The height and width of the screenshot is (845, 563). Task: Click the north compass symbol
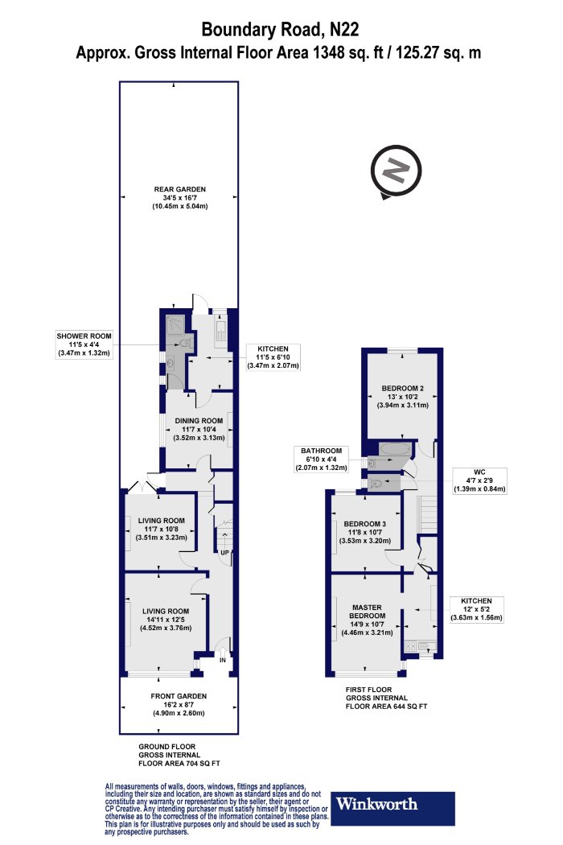tap(396, 171)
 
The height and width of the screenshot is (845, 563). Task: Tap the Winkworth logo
tap(392, 808)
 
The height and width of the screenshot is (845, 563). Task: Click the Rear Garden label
tap(180, 198)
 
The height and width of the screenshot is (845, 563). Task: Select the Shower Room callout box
tap(84, 345)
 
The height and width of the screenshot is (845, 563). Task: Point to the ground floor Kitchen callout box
tap(273, 357)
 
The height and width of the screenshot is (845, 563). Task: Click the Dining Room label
tap(199, 430)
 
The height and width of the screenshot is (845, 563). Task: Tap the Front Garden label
tap(179, 705)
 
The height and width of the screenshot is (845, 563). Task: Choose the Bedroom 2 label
tap(402, 397)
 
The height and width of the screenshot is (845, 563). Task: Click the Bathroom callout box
tap(322, 460)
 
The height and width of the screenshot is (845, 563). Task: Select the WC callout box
tap(479, 480)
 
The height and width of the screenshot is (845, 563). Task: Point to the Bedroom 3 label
tap(364, 533)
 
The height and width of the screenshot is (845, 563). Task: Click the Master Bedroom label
tap(367, 620)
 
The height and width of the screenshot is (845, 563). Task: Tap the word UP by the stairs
tap(224, 553)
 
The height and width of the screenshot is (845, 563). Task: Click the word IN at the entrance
tap(223, 660)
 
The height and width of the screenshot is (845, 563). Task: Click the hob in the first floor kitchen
tap(410, 645)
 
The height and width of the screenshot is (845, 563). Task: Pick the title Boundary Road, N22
tap(280, 29)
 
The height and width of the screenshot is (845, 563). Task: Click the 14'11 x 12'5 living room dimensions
tap(166, 620)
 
